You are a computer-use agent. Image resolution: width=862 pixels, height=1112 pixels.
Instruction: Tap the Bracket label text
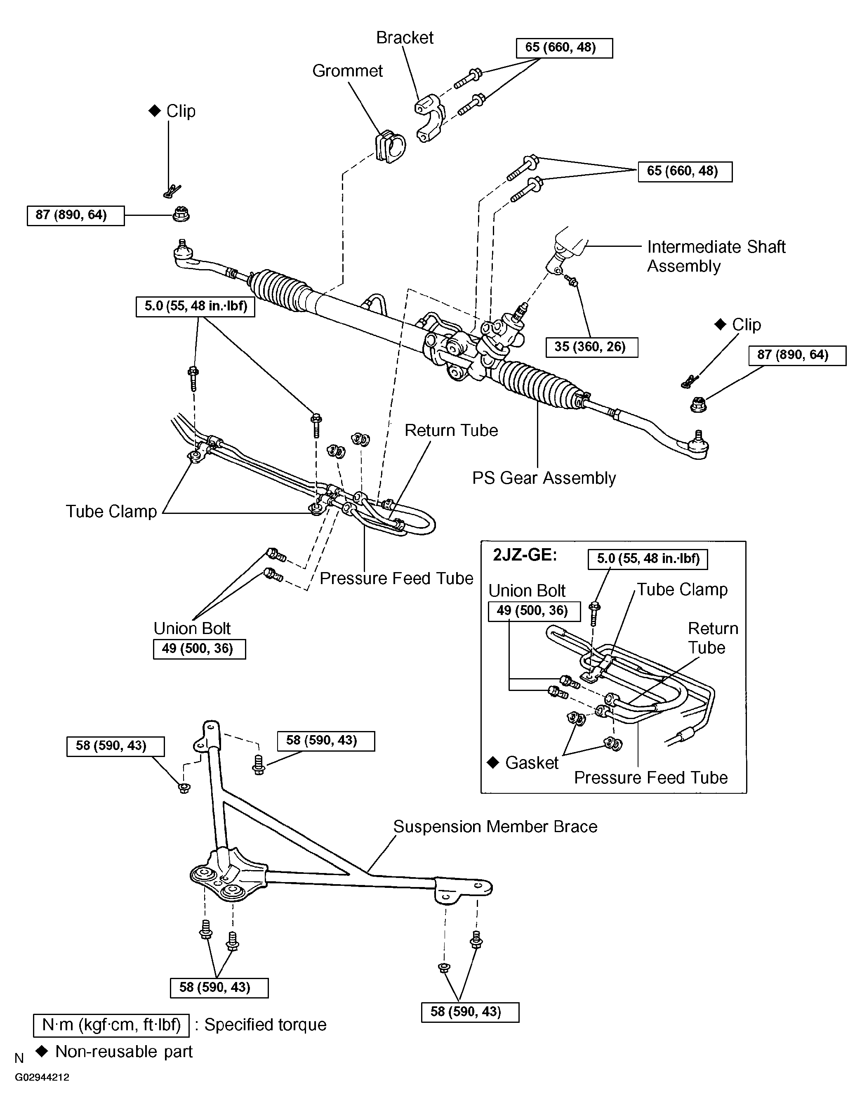coord(405,38)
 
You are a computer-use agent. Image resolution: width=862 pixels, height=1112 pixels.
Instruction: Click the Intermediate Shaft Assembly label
coord(716,257)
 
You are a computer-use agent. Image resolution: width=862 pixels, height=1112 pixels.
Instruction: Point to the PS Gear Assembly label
coord(544,478)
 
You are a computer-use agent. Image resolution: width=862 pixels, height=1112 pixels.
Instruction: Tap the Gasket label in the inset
coord(532,763)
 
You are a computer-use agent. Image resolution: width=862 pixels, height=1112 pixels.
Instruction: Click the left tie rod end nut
coord(181,214)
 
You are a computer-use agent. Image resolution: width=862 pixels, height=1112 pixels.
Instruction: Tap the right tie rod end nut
coord(698,405)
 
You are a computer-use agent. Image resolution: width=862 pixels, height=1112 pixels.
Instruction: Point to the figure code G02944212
coord(42,1077)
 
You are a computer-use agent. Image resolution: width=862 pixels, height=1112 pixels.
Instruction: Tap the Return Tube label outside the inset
coord(451,430)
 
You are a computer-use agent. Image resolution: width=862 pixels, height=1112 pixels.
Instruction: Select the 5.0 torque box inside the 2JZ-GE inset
coord(648,558)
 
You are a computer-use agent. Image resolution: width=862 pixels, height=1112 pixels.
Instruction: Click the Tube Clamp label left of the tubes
coord(111,511)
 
